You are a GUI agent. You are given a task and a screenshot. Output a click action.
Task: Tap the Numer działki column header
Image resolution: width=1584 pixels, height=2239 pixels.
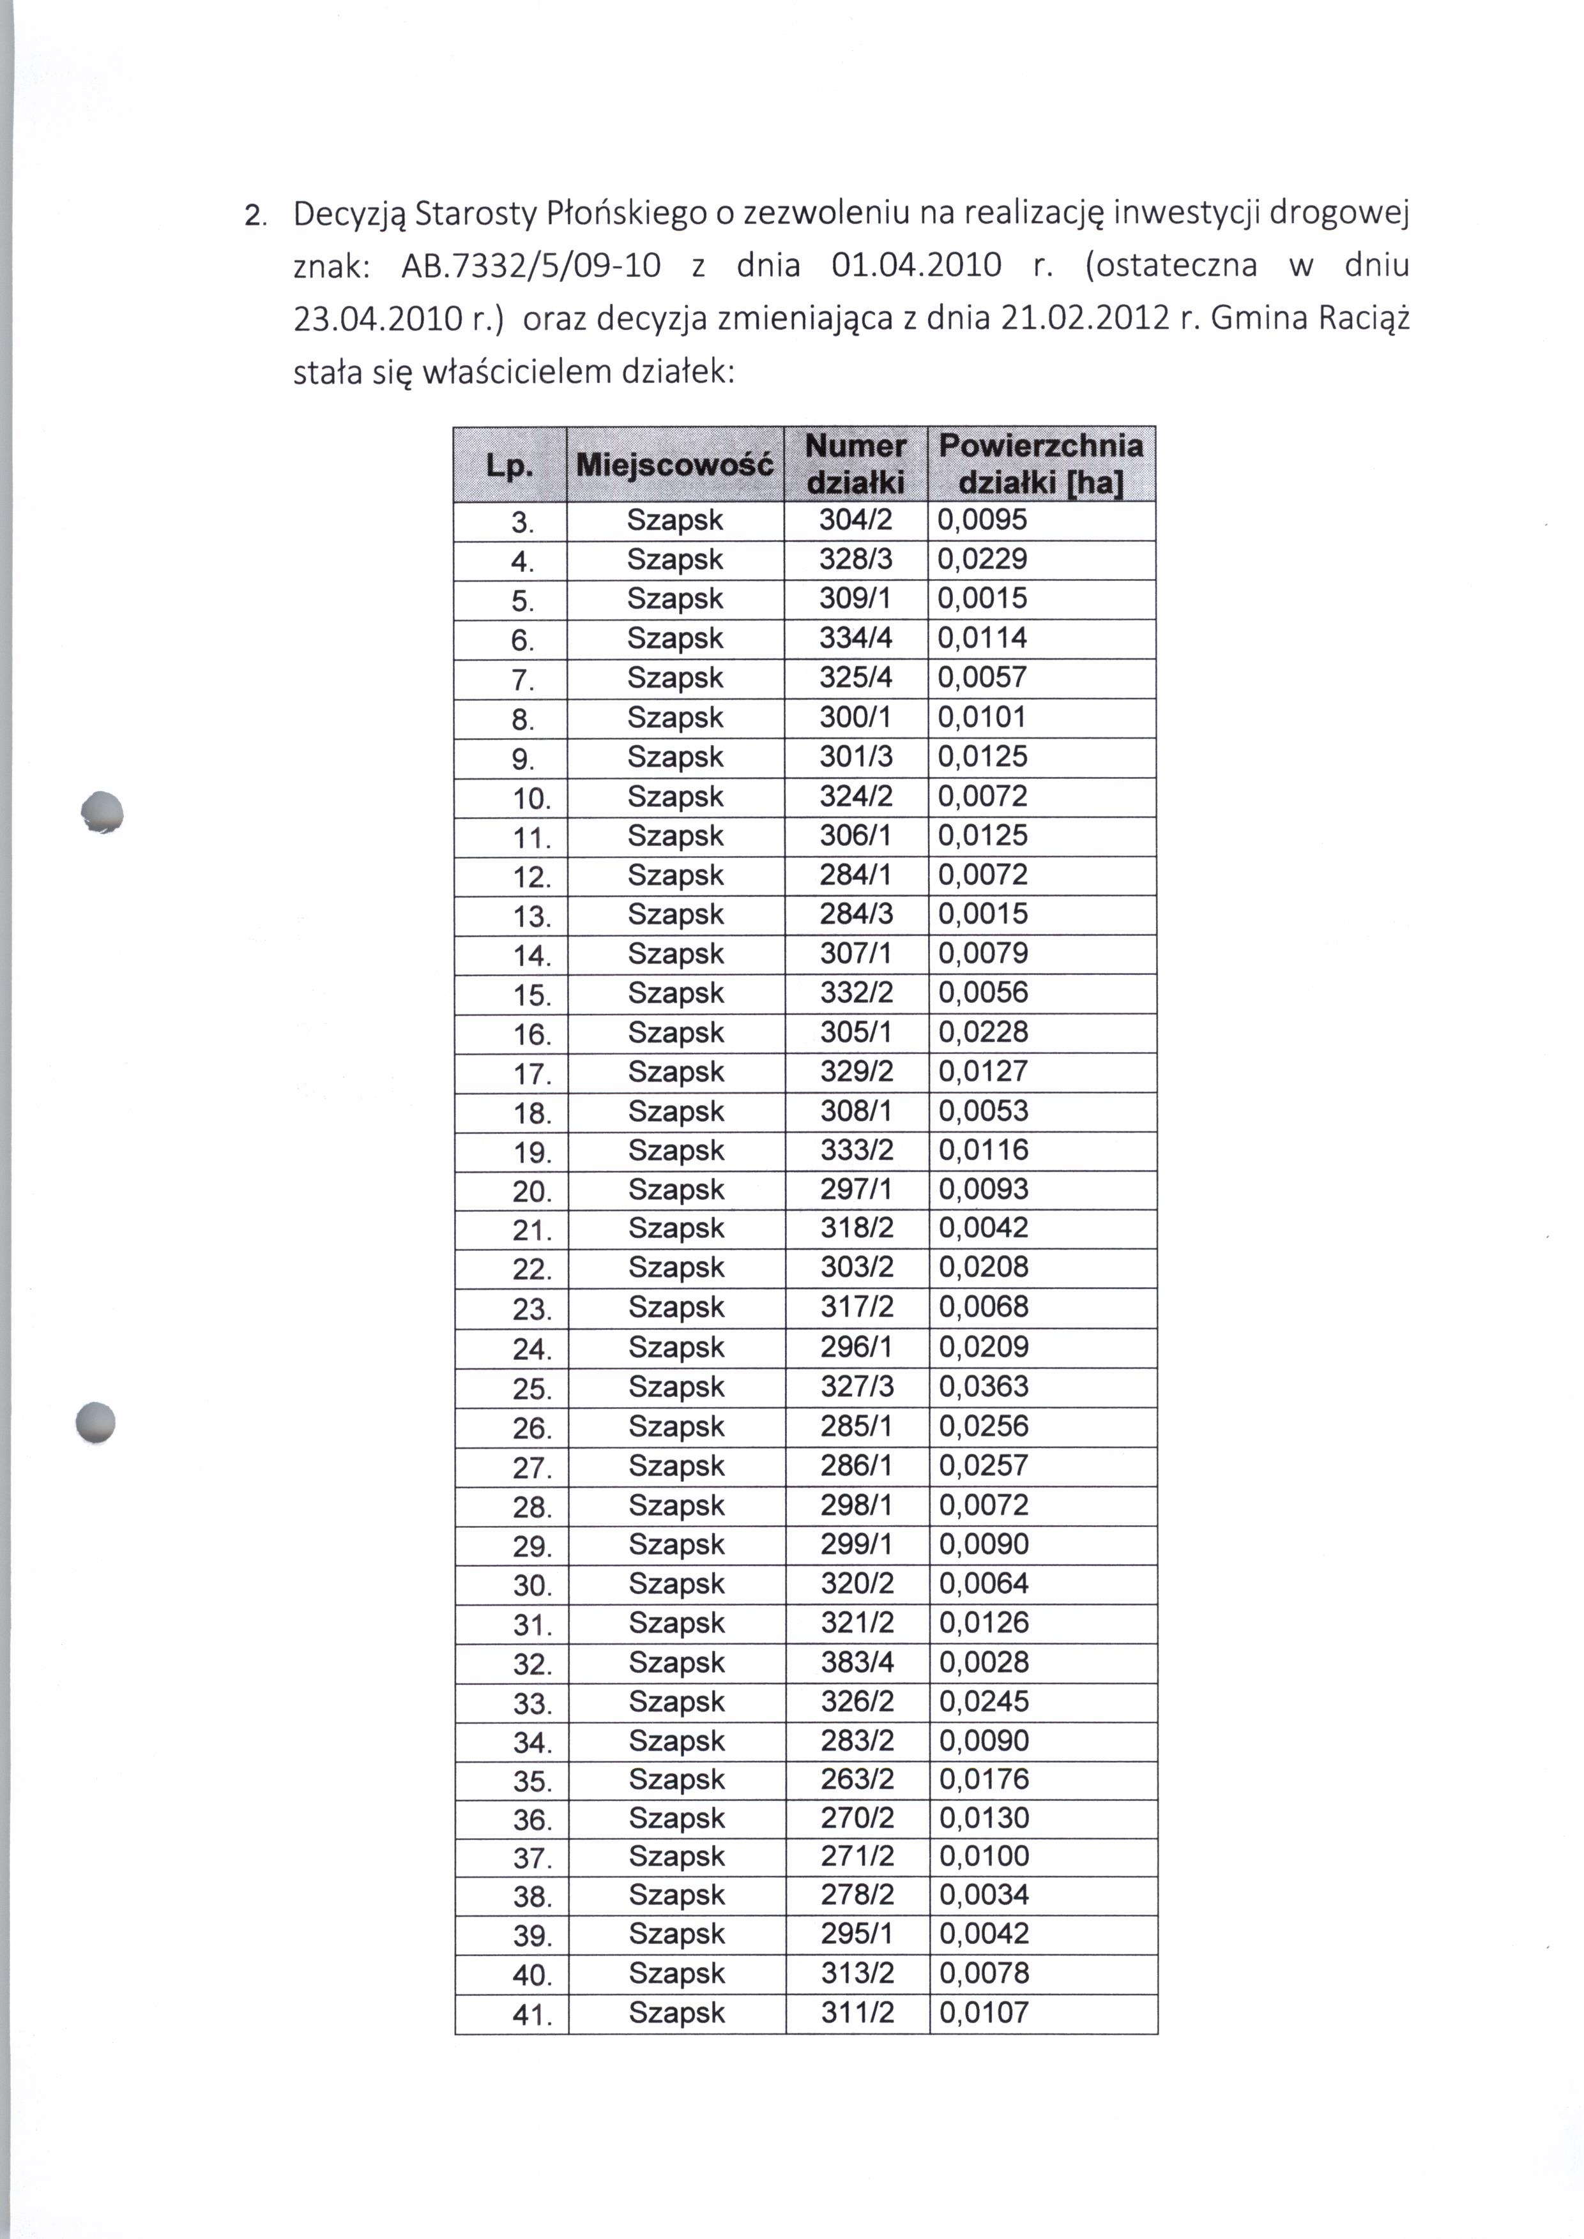click(855, 464)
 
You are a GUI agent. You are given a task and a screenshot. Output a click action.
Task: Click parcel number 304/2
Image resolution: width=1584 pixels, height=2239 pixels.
click(855, 520)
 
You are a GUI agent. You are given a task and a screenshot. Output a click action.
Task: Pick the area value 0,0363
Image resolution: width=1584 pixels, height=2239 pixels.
click(983, 1385)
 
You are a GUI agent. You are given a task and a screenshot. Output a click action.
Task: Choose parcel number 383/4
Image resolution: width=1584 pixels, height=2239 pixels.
click(857, 1662)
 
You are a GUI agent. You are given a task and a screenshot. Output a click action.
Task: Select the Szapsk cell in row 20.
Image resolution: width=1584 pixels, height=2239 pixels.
click(676, 1189)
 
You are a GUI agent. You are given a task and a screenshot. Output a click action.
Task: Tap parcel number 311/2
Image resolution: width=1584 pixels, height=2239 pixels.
click(857, 2012)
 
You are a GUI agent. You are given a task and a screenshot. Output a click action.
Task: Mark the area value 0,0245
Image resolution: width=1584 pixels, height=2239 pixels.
click(983, 1701)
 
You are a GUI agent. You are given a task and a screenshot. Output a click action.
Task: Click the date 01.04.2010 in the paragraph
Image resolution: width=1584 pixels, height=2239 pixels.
click(916, 265)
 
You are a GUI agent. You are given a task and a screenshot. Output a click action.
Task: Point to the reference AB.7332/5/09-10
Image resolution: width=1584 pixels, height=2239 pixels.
click(531, 265)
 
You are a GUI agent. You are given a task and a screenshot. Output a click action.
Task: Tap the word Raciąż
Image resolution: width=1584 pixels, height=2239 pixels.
click(1364, 319)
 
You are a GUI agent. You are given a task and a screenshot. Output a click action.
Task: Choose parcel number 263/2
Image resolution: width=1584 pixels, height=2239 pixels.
click(857, 1779)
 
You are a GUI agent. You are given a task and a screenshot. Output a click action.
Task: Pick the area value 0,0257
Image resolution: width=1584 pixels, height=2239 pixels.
click(983, 1465)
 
